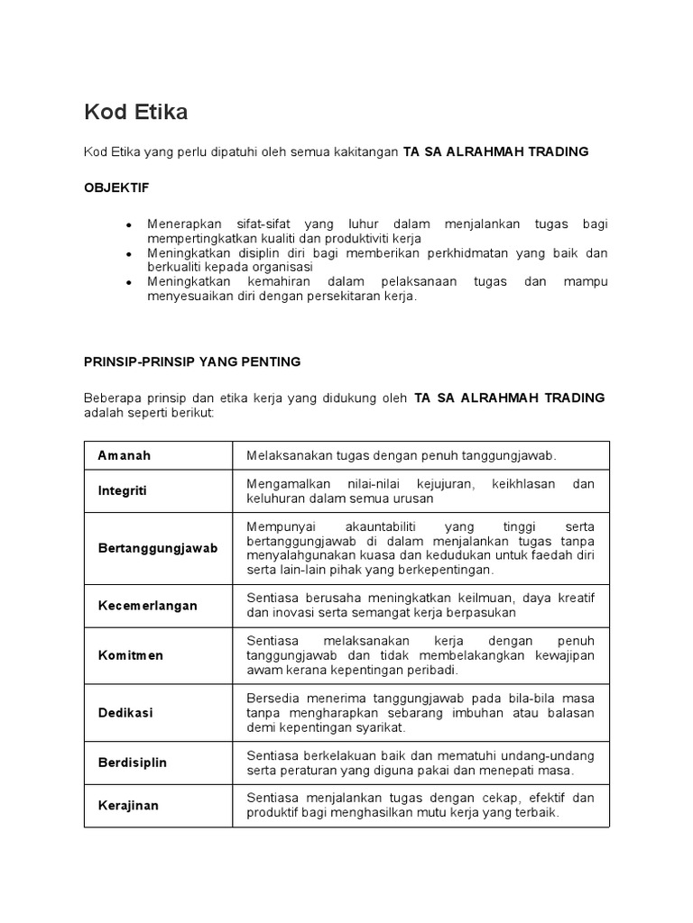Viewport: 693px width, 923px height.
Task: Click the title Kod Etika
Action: click(136, 113)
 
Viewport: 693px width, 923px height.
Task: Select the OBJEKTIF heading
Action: click(116, 187)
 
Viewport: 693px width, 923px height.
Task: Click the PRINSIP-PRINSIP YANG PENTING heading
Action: click(192, 361)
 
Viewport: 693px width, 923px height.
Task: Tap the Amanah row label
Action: click(125, 455)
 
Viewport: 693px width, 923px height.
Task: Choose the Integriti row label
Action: click(122, 490)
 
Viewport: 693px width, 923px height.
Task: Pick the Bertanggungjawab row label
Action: click(158, 548)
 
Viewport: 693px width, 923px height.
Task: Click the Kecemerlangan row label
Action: click(147, 606)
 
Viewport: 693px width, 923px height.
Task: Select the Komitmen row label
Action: click(131, 655)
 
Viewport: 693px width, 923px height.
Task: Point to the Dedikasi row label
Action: click(125, 712)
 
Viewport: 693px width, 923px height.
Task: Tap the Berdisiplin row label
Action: click(133, 763)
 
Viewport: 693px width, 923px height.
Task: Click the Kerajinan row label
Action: click(128, 805)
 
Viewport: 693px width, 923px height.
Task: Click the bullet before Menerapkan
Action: click(130, 224)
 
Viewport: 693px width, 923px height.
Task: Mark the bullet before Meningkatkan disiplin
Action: click(130, 254)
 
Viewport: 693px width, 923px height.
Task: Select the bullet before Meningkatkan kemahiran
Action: click(130, 283)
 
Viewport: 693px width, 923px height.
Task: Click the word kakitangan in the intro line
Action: click(367, 151)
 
